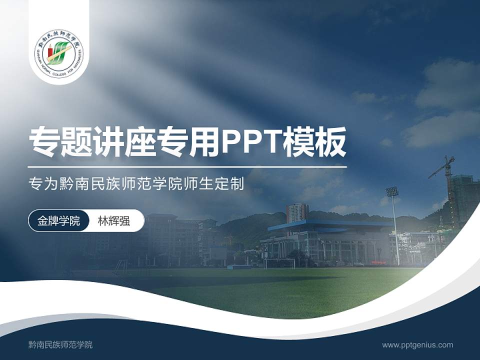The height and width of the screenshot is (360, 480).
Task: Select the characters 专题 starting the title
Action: point(61,142)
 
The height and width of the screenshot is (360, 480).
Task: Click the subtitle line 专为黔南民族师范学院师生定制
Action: point(136,184)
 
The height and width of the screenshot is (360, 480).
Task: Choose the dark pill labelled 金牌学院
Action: point(58,220)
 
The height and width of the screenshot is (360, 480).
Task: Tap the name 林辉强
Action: point(113,220)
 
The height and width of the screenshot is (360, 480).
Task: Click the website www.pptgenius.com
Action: point(417,344)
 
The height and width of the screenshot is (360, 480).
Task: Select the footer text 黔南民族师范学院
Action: point(60,344)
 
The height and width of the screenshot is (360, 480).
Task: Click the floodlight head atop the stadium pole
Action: point(392,191)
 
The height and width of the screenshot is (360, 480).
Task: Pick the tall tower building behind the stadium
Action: point(297,213)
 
